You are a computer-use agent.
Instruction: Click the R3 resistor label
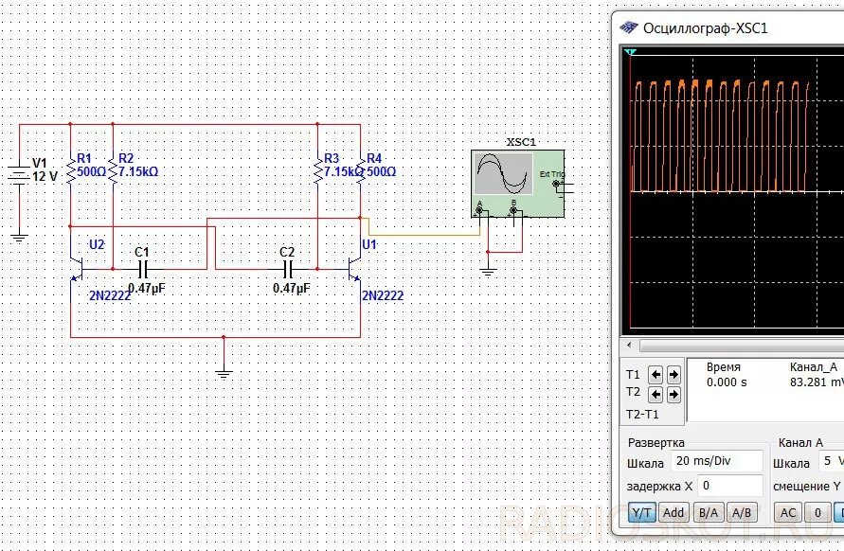331,158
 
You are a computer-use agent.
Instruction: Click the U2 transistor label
97,244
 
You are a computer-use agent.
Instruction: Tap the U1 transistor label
369,244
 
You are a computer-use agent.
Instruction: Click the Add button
673,513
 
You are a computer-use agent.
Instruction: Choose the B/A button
708,513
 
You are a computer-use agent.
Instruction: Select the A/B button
742,513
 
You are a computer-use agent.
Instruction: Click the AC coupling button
787,513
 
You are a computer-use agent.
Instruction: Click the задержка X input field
729,486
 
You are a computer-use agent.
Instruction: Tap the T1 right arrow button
673,374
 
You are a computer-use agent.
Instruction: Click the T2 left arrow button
657,392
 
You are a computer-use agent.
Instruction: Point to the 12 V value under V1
45,176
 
